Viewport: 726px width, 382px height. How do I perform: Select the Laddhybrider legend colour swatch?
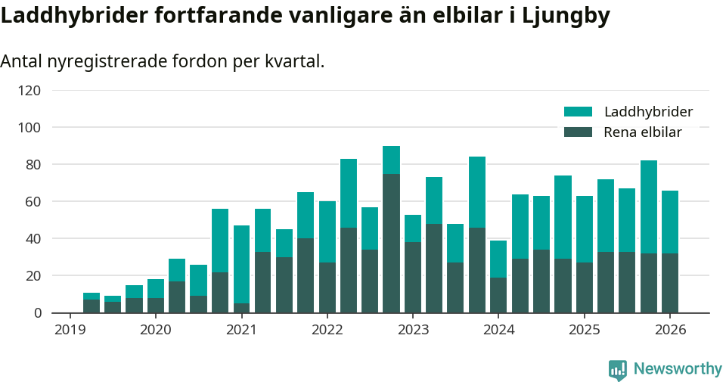tap(578, 112)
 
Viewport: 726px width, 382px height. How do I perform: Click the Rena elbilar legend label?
tap(643, 132)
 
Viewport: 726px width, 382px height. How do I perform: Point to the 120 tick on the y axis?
tap(29, 91)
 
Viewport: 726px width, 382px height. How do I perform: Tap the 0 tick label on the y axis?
tap(36, 313)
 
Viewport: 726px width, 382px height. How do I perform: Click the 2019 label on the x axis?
tap(70, 330)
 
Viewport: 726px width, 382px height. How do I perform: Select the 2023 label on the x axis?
tap(413, 330)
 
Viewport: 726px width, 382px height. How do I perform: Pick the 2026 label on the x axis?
tap(670, 330)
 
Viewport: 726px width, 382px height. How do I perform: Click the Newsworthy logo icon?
tap(618, 370)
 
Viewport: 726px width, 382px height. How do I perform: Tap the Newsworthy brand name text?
tap(678, 369)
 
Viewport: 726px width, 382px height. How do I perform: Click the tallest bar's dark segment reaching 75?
tap(391, 243)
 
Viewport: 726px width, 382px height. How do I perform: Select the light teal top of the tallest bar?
tap(391, 160)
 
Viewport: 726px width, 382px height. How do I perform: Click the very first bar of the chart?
tap(92, 306)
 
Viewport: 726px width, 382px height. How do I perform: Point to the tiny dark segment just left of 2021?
tap(241, 308)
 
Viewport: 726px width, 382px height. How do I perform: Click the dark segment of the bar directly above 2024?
tap(498, 295)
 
